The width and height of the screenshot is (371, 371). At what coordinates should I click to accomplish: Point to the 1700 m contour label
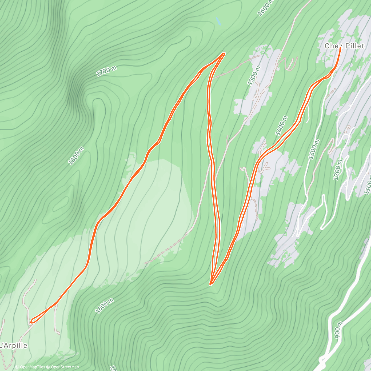(x=106, y=71)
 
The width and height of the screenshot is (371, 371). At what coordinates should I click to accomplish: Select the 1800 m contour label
(x=76, y=156)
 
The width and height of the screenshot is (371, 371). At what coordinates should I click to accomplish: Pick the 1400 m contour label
(x=281, y=126)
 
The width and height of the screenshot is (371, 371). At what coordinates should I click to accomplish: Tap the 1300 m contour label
(x=313, y=149)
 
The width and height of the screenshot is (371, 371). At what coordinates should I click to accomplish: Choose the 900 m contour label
(x=338, y=330)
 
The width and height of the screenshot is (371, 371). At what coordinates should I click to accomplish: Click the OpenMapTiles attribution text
(x=30, y=367)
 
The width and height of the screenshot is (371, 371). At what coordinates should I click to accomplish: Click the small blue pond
(x=219, y=21)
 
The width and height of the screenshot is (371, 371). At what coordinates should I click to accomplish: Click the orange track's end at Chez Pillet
(x=340, y=48)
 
